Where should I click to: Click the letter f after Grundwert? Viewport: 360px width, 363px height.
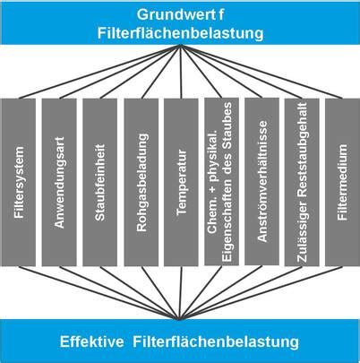(221, 14)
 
